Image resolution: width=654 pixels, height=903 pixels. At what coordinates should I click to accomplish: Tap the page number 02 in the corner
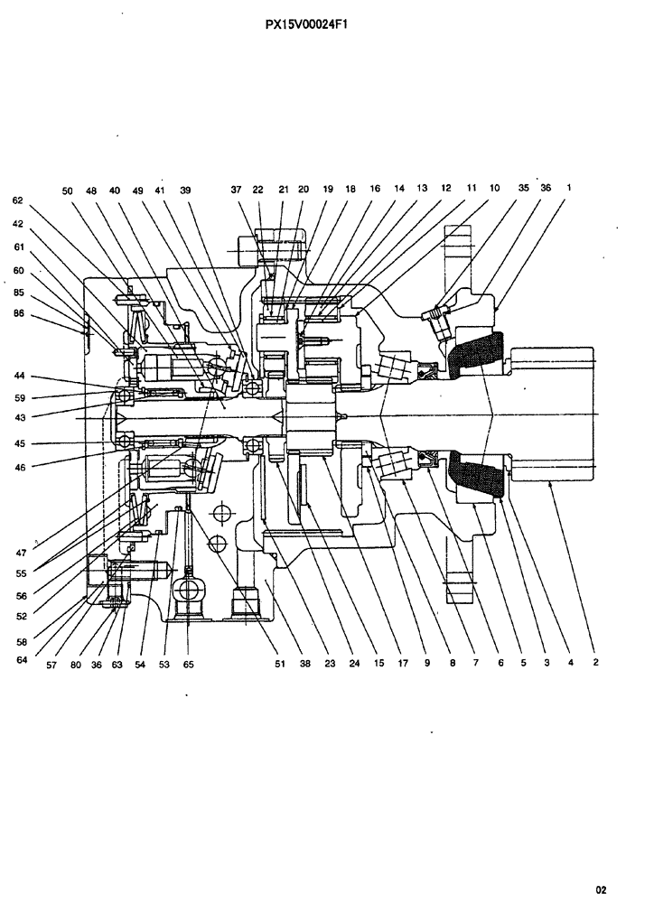coord(613,889)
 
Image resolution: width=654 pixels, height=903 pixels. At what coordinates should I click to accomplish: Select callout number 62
coord(17,200)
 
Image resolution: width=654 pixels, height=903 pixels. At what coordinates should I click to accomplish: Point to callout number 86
coord(17,314)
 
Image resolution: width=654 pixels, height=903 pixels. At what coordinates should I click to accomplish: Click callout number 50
coord(68,191)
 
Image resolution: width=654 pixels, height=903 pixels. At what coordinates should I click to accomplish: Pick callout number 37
coord(236,191)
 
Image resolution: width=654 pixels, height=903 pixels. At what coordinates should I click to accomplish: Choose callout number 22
coord(258,191)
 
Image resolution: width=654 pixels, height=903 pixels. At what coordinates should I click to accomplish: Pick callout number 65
coord(187,664)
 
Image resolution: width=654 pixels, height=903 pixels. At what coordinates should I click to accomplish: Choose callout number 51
coord(281,664)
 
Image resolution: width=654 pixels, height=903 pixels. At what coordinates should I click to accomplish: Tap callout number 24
coord(354,664)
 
